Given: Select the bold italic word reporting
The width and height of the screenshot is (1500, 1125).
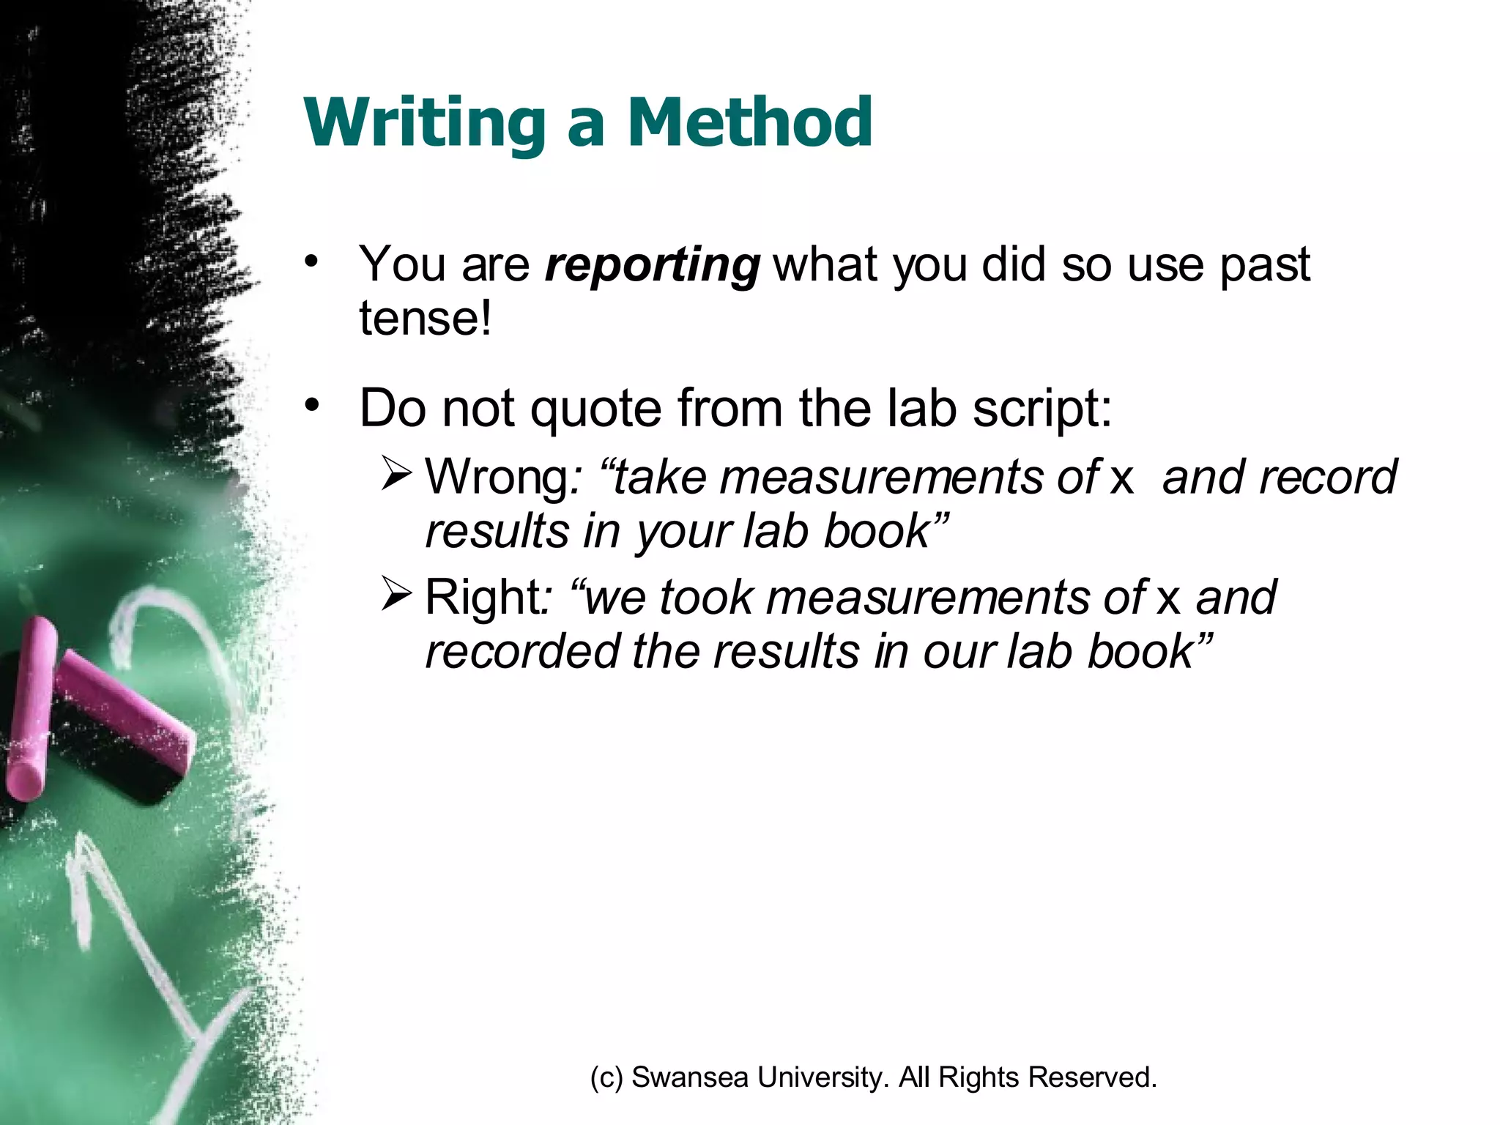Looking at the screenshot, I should (653, 265).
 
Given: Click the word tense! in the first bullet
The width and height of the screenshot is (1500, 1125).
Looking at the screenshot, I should (425, 319).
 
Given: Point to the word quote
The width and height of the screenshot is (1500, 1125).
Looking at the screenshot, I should (595, 409).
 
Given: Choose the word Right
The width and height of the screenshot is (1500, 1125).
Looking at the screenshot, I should (481, 598).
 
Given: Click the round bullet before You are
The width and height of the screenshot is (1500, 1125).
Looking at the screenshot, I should (313, 261).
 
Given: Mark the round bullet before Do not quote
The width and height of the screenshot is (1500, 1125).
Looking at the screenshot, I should (313, 405).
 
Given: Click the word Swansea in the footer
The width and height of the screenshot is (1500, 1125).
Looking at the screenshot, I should (689, 1077).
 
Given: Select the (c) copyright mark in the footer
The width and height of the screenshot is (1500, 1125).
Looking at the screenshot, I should (606, 1077).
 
